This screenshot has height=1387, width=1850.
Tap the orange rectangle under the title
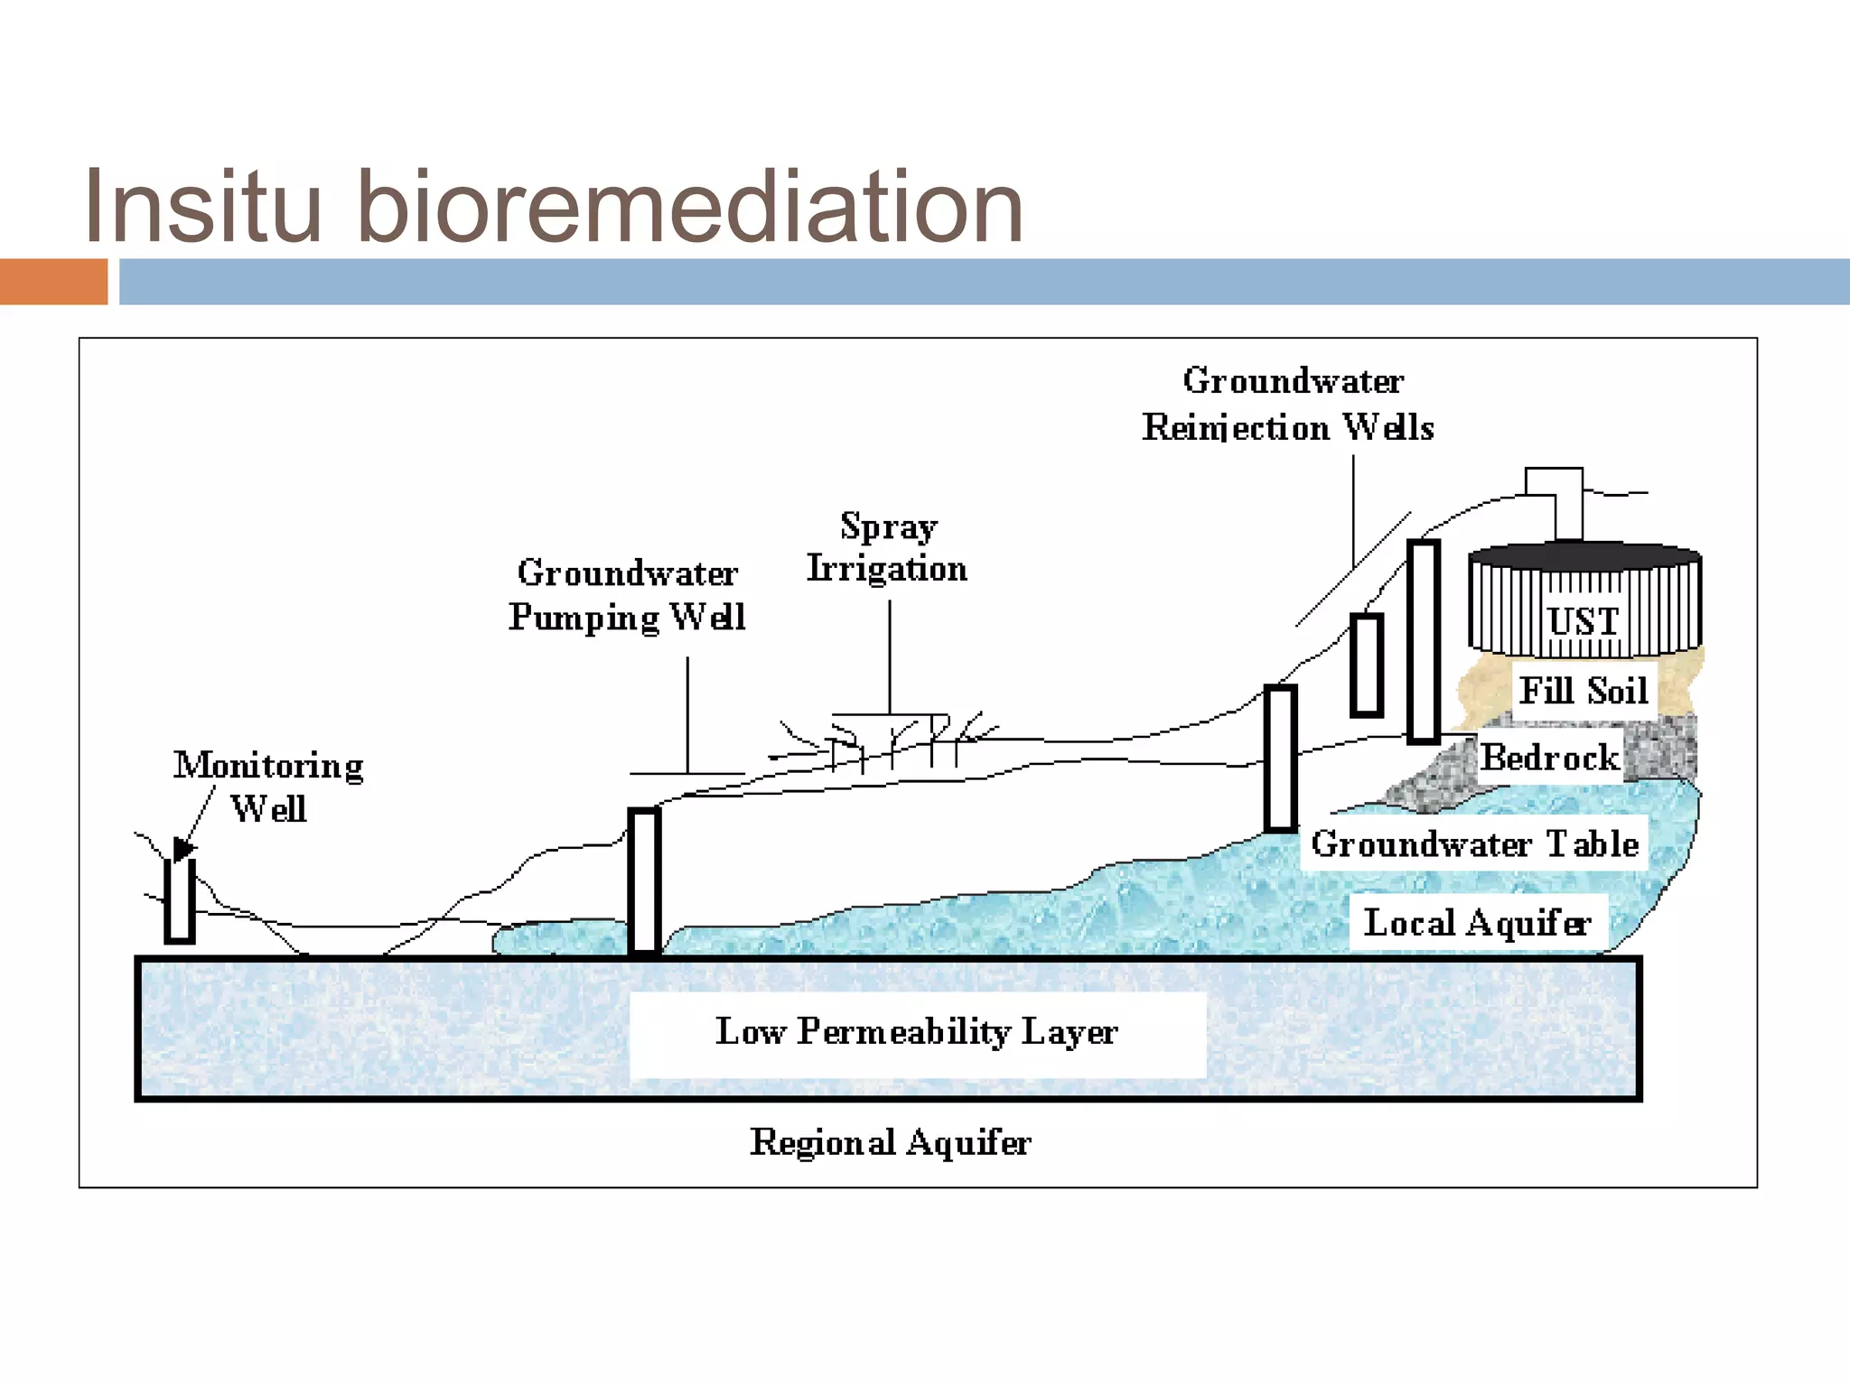coord(53,282)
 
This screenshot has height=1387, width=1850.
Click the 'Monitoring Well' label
coord(268,786)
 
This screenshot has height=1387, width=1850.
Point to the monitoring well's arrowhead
coord(183,849)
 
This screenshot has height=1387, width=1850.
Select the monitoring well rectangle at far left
coord(180,901)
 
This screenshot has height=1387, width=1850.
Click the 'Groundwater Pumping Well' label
coord(627,594)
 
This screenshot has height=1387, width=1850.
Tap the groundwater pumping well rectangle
coord(644,880)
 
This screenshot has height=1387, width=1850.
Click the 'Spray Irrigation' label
coord(887,547)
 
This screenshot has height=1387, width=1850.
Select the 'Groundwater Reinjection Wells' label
coord(1289,404)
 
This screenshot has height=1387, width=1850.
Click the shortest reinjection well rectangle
coord(1367,666)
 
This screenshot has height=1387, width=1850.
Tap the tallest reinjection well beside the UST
coord(1423,641)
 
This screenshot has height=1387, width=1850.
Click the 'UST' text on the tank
coord(1583,621)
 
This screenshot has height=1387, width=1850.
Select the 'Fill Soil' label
coord(1584,691)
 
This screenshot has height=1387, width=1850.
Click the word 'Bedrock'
coord(1549,757)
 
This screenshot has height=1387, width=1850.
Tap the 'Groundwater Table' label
coord(1474,843)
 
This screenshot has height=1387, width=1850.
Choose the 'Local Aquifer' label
coord(1477,922)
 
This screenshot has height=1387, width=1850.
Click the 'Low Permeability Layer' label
coord(917,1031)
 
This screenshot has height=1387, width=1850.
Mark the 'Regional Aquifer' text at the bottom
coord(890,1142)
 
